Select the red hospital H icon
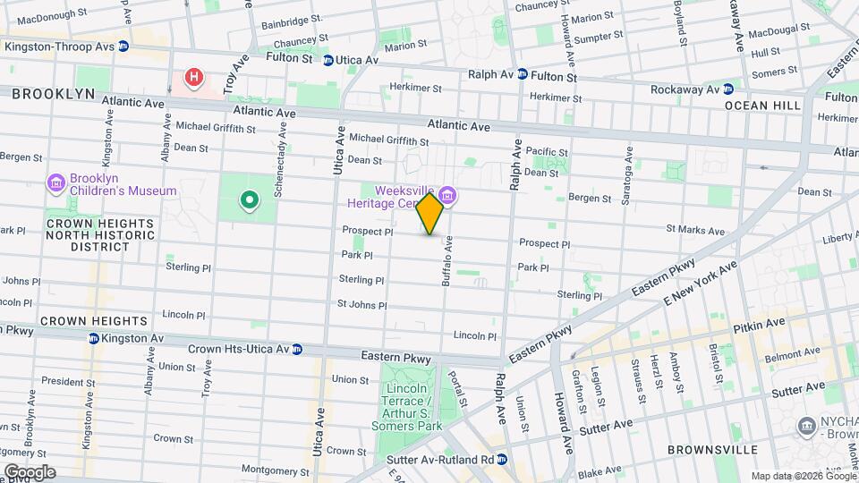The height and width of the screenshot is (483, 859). point(193,79)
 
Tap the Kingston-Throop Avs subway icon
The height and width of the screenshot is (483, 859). point(123,46)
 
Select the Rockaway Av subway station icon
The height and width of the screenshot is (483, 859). point(728,89)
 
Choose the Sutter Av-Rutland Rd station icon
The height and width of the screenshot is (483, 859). point(502,459)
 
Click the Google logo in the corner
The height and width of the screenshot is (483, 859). point(30,472)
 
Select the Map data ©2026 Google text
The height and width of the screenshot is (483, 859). point(803,475)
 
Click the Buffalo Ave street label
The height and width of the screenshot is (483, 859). point(446,260)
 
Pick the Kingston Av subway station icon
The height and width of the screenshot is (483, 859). point(94,338)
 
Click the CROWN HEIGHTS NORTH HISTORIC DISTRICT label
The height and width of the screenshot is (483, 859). point(100,234)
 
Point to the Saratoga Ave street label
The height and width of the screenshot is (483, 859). point(629,169)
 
